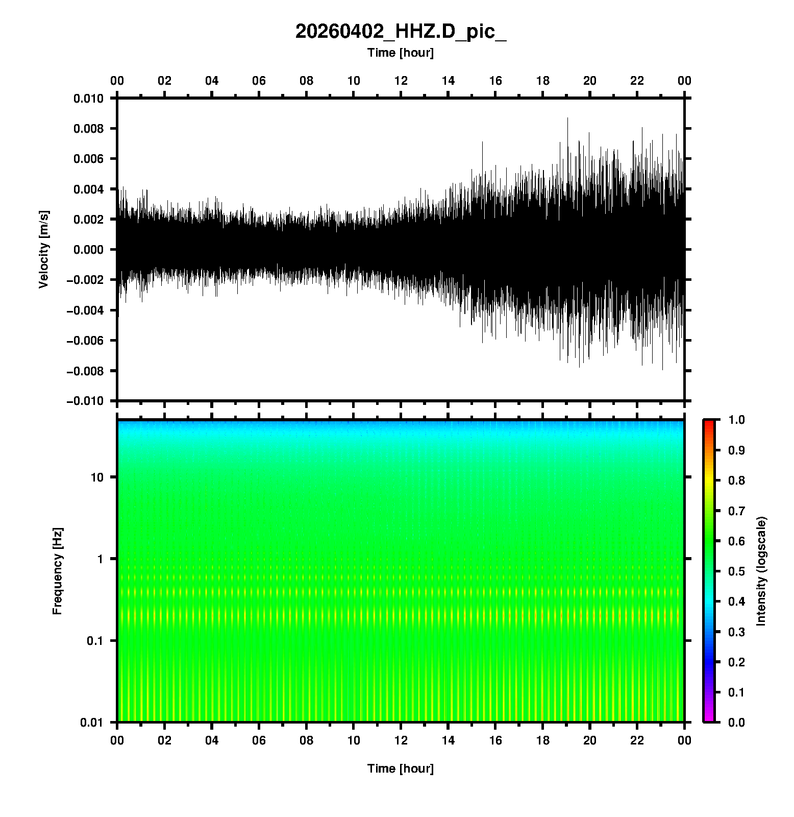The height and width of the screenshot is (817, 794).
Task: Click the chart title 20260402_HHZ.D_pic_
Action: [x=401, y=32]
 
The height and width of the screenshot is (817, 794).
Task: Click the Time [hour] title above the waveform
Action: [x=401, y=53]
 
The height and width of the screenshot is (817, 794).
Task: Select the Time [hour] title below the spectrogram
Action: [x=401, y=768]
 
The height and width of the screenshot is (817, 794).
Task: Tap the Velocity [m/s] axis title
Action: [x=44, y=249]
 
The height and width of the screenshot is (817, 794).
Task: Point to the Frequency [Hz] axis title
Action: [x=57, y=571]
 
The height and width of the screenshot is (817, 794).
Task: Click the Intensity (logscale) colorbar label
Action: [x=761, y=571]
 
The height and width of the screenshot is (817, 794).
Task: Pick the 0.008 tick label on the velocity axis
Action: [x=88, y=129]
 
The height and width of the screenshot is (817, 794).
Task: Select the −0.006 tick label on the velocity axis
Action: [x=85, y=341]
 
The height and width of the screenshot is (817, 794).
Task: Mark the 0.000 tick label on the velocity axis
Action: [x=88, y=250]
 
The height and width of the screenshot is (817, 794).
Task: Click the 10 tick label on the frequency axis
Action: [x=97, y=477]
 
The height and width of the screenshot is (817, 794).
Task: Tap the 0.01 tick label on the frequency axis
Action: [x=92, y=723]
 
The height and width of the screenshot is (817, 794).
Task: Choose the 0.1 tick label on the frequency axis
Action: [x=94, y=641]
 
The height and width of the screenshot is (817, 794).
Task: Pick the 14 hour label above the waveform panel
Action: [x=448, y=81]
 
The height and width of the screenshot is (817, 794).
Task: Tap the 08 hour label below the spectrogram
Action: [x=306, y=740]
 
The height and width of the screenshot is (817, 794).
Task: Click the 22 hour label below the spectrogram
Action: [x=637, y=740]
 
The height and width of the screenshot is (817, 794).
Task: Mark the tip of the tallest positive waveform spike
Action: [x=567, y=118]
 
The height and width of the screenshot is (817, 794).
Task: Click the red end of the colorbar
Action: [x=709, y=424]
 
